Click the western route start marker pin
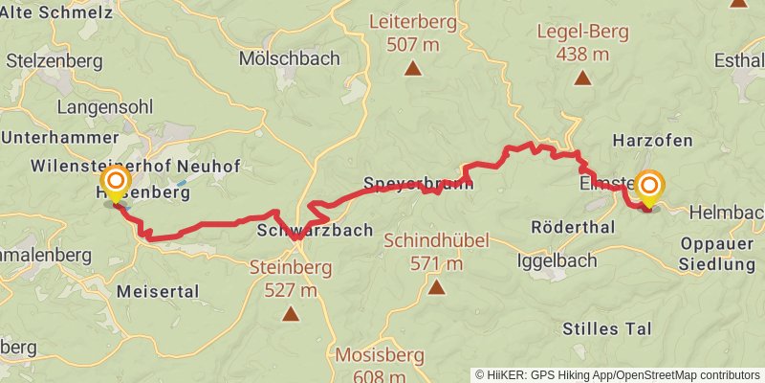point(116,183)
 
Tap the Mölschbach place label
point(290,58)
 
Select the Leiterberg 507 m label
point(412,33)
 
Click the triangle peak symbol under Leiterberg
point(412,68)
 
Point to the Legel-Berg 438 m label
point(582,42)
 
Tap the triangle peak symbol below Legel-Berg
point(582,78)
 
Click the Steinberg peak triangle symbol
point(290,312)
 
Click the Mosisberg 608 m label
point(380,365)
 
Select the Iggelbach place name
point(557,259)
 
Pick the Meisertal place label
point(157,290)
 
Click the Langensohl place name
point(104,106)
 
